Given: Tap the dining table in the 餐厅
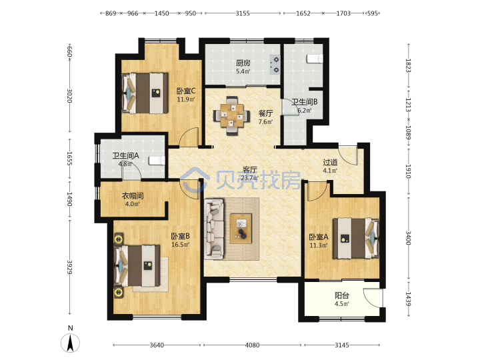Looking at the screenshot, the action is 232,115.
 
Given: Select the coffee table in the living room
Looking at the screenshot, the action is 241,229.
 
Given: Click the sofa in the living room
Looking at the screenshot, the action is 214,229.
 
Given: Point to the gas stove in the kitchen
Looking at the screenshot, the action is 275,65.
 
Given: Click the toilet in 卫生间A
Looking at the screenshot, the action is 157,161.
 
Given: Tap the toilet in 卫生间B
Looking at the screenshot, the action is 315,59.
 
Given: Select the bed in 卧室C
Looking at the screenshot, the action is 145,93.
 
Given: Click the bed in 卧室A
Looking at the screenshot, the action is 356,238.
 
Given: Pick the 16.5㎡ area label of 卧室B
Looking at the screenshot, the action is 180,245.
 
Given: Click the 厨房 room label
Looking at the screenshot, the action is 243,63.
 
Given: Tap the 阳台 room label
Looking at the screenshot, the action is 341,296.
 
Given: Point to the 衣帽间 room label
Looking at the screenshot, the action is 133,195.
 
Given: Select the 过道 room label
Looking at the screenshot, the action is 330,162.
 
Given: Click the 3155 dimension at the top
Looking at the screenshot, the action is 243,13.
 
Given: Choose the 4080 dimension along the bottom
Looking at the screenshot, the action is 252,345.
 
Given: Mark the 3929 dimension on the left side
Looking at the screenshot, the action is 70,267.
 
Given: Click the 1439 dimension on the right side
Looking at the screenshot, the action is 408,299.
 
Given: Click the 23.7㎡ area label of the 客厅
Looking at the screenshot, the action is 249,178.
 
